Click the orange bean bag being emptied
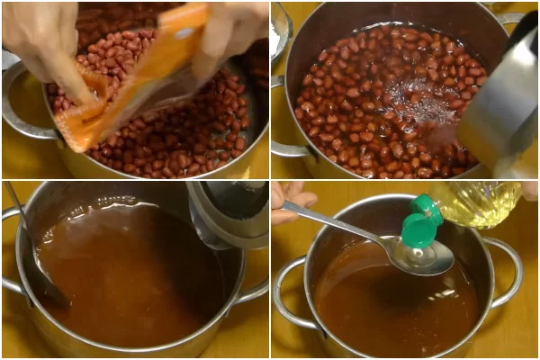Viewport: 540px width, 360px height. click(135, 81)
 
